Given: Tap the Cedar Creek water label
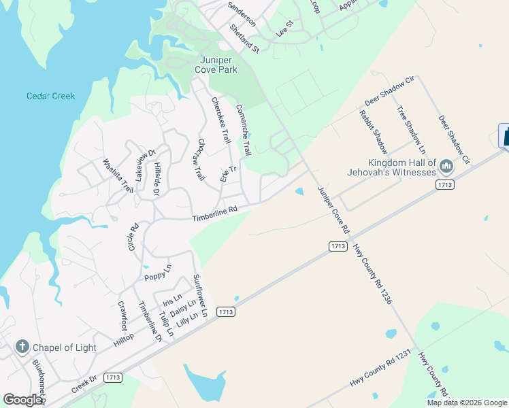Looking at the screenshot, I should coord(50,96).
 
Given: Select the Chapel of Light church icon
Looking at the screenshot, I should coord(22,347).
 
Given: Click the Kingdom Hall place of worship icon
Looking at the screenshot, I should coord(446,166).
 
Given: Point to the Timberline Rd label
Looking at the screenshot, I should coord(214,214).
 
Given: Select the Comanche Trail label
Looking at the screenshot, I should coord(244,129).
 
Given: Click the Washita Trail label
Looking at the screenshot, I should coord(118,175).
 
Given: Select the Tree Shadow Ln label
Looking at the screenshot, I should coord(411,129).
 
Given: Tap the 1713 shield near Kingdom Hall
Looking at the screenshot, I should coord(446,184).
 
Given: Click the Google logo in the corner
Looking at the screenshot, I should coord(22,400).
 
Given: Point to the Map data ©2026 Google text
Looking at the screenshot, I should coord(467,403).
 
